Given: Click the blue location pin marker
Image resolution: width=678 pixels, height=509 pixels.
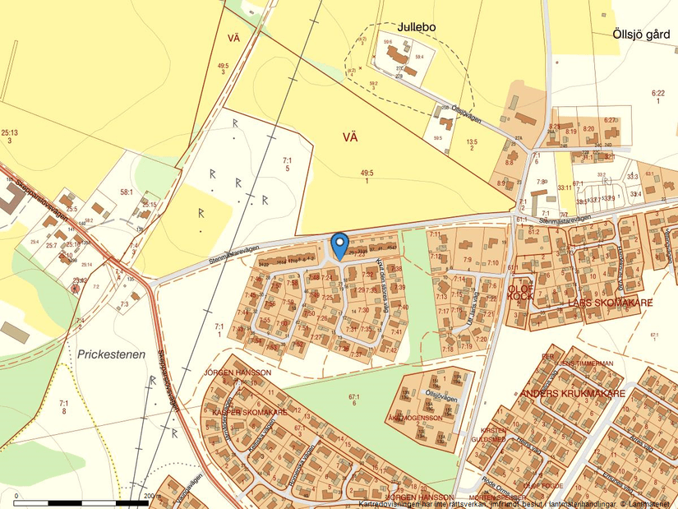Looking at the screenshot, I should click(x=339, y=245).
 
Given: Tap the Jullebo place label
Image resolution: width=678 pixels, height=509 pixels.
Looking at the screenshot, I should click(x=416, y=27).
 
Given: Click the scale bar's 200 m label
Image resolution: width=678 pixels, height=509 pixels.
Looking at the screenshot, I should click(x=150, y=496).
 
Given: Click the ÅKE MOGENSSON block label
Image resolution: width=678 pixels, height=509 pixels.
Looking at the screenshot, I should click(x=415, y=418).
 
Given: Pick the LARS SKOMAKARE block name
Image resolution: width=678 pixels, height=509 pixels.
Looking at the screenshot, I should click(x=610, y=303).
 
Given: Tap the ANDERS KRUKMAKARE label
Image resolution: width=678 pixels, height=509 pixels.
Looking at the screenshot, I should click(x=572, y=394).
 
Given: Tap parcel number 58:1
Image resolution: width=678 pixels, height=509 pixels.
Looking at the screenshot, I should click(x=127, y=192).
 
